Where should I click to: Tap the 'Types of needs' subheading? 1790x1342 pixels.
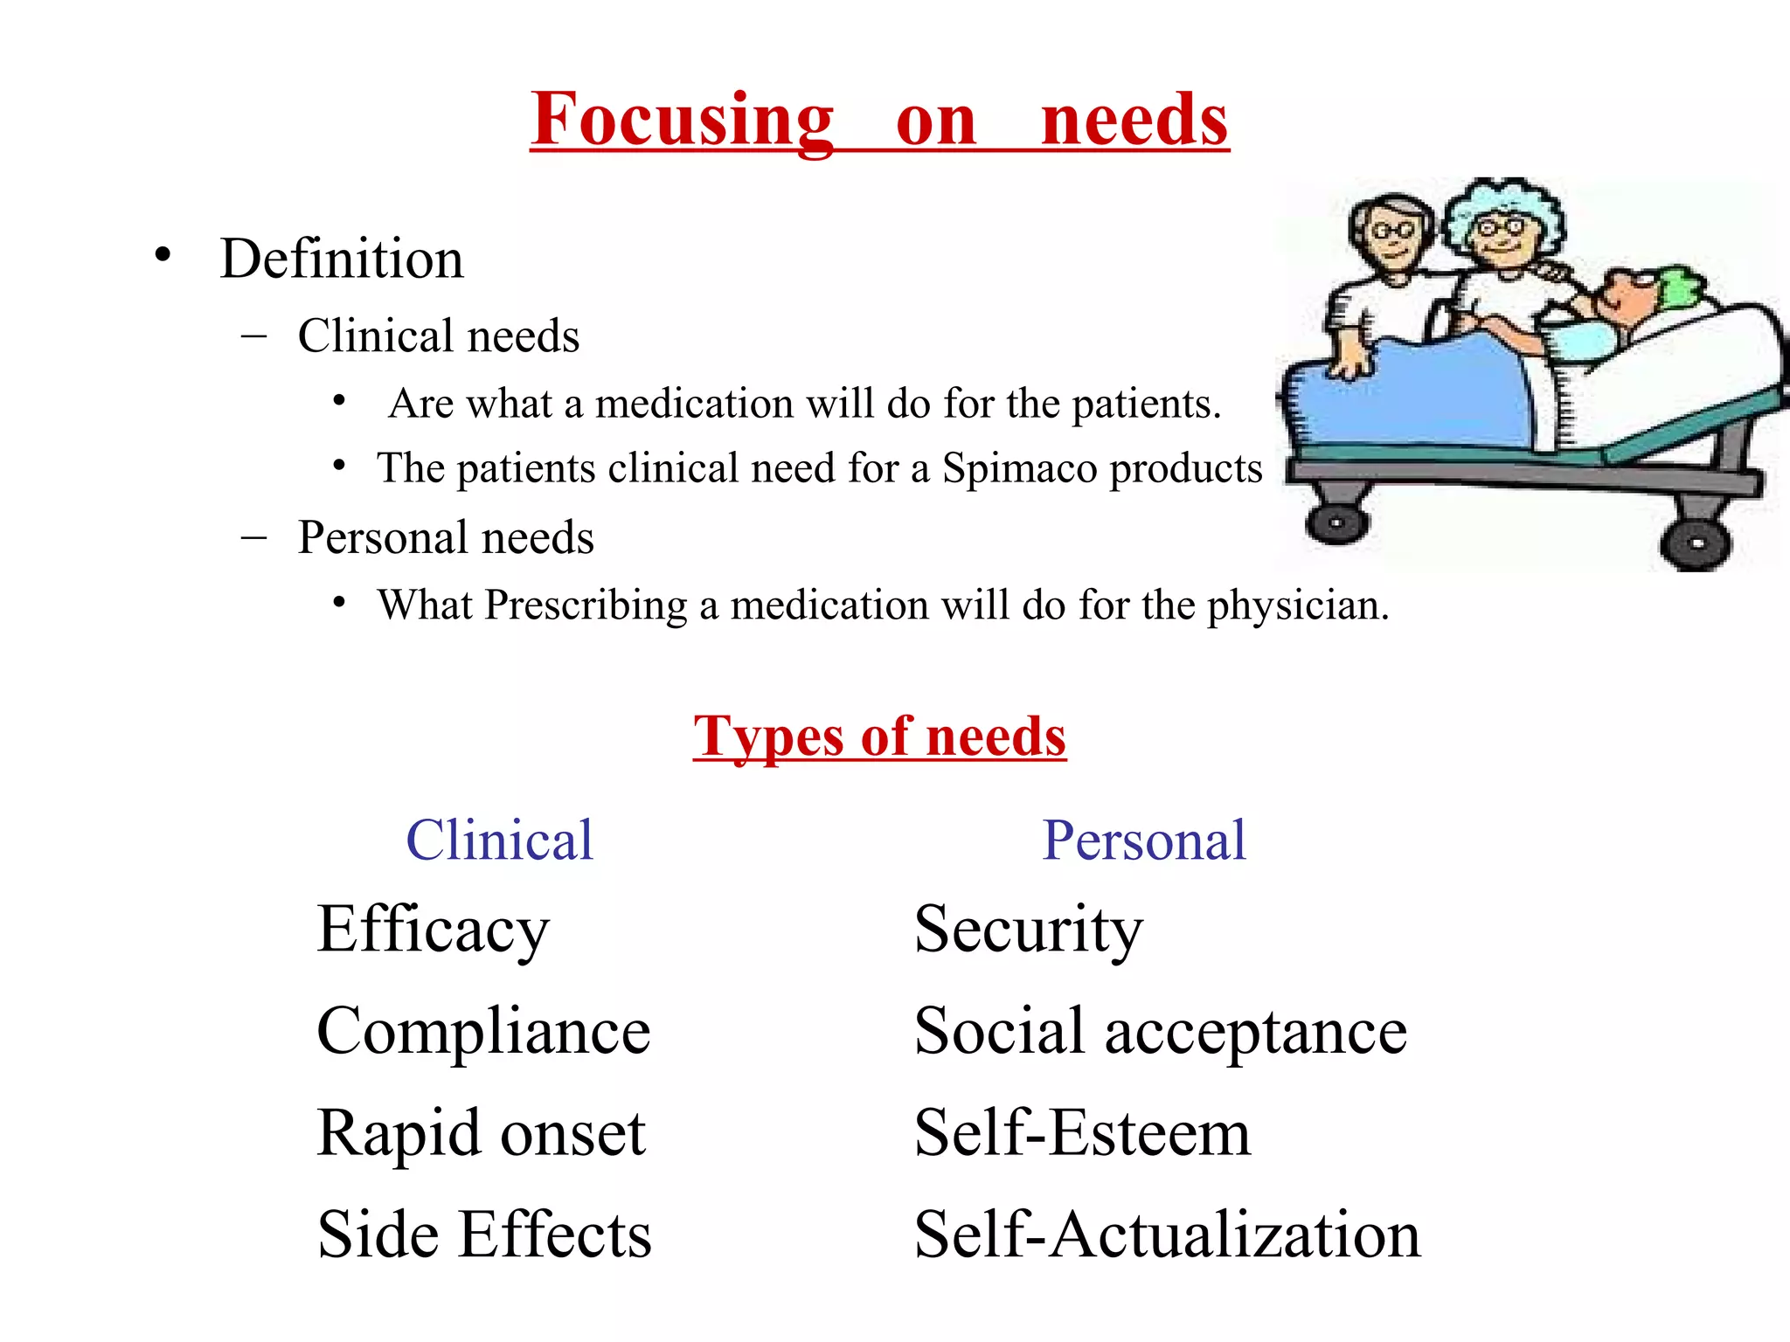coord(879,736)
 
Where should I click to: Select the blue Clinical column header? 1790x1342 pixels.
coord(499,840)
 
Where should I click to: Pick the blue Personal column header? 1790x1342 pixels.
coord(1143,840)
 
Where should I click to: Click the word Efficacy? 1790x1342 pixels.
coord(434,930)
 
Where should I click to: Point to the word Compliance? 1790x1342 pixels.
coord(483,1032)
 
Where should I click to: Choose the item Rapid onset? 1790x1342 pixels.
coord(481,1133)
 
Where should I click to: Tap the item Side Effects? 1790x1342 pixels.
coord(484,1235)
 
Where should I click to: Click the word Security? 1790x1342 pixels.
coord(1028,930)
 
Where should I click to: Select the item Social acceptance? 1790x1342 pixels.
coord(1160,1032)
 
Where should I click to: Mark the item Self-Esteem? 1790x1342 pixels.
coord(1082,1133)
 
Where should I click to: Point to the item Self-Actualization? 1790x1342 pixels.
coord(1167,1235)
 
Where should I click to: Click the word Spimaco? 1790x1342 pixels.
coord(1019,468)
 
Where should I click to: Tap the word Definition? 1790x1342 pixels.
coord(342,259)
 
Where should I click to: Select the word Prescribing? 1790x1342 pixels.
coord(586,605)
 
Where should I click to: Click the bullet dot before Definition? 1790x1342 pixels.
coord(163,255)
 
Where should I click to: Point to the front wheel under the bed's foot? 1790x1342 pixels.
coord(1336,523)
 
